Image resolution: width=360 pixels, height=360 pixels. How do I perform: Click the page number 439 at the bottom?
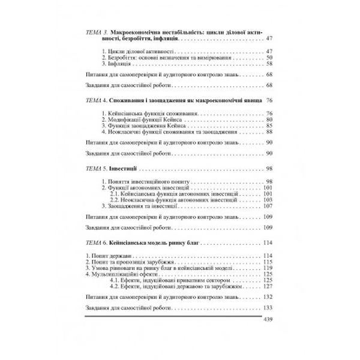268,335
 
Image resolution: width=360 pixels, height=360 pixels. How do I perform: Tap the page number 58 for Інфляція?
269,63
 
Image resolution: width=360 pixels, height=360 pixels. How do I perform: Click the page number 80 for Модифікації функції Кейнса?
269,120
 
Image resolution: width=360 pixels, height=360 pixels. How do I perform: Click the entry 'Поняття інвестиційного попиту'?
137,182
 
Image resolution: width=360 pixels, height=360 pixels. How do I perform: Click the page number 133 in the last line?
268,324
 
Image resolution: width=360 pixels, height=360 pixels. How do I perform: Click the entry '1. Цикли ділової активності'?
131,51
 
